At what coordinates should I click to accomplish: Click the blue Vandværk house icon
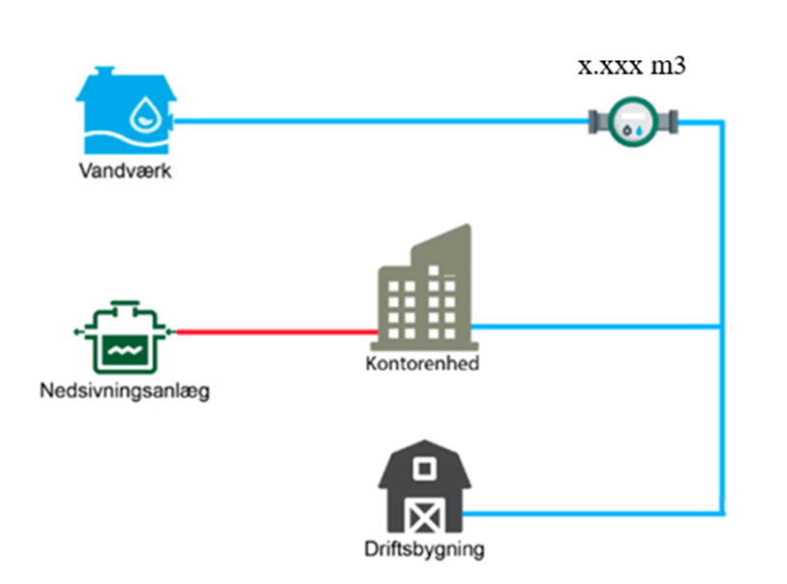(x=126, y=112)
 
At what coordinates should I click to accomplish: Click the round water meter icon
(x=634, y=120)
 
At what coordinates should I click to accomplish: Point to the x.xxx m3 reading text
(x=633, y=68)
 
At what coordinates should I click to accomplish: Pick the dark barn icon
(x=424, y=489)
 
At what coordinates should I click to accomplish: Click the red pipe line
(x=276, y=332)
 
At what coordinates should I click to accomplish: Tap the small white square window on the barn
(x=424, y=469)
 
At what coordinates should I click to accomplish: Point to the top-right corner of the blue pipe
(x=721, y=122)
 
